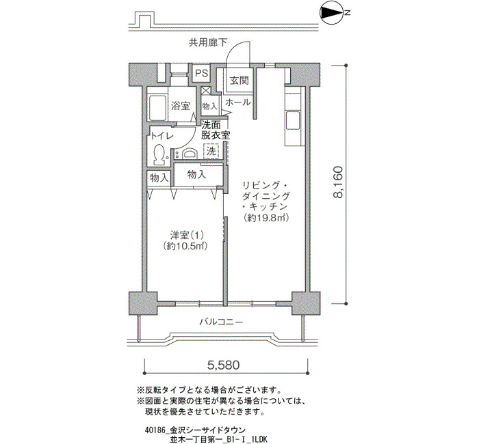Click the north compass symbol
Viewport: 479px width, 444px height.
pos(332,13)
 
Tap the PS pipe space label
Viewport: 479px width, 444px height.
pos(202,73)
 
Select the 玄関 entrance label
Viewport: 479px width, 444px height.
pos(239,81)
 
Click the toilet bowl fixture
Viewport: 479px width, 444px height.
pos(159,154)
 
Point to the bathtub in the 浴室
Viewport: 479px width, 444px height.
pos(157,107)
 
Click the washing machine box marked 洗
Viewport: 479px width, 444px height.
pos(211,151)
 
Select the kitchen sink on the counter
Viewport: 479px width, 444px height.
pos(292,120)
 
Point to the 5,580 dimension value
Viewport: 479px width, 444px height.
pos(224,365)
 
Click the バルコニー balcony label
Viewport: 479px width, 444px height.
pos(222,322)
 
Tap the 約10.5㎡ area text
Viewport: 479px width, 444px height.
pos(185,246)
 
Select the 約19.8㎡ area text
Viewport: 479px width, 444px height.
pos(266,218)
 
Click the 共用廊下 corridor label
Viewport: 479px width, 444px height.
pos(208,42)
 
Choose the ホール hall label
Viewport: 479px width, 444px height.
pos(238,102)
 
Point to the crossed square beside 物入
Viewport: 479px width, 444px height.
pos(206,91)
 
